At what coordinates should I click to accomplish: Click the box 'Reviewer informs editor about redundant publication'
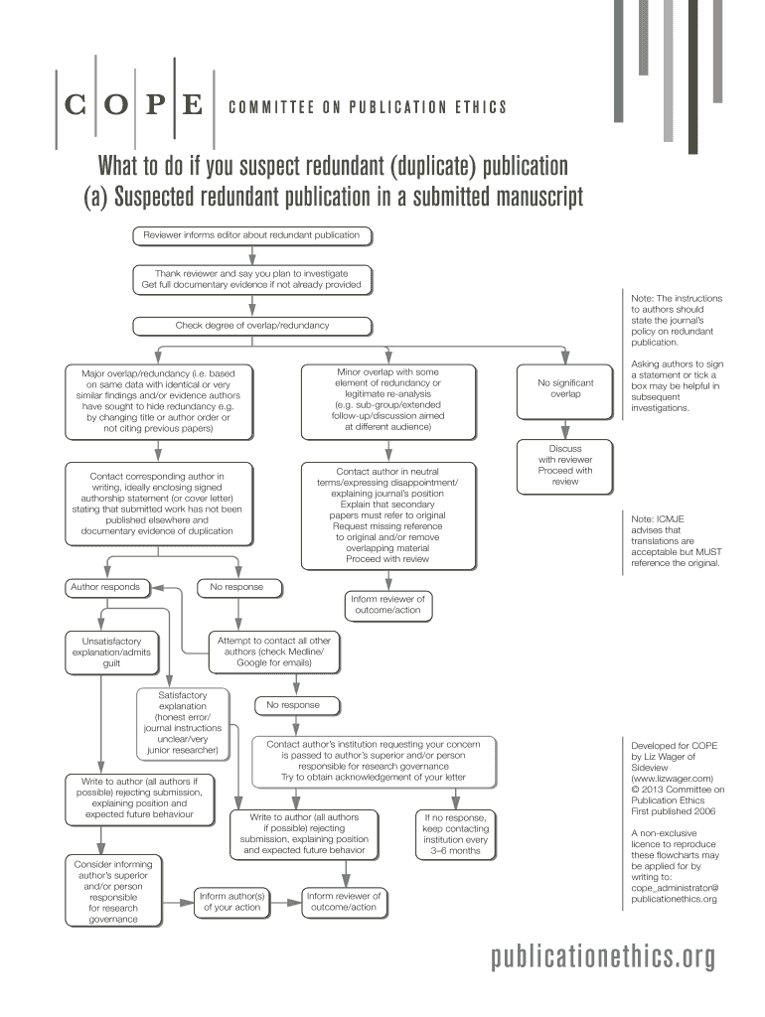pos(251,235)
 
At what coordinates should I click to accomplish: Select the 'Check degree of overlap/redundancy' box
pos(251,325)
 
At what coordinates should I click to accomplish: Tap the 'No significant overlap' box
pos(565,388)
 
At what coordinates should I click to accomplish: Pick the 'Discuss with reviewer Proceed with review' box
pos(565,465)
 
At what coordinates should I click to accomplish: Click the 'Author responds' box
pos(105,587)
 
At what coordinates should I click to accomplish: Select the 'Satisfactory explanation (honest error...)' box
pos(183,723)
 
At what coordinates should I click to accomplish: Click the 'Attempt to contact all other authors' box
pos(273,653)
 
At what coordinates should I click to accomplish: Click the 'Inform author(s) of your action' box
pos(231,902)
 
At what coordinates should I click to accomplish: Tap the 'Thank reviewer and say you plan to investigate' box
pos(251,279)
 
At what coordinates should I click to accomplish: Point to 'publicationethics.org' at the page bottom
pos(603,956)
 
